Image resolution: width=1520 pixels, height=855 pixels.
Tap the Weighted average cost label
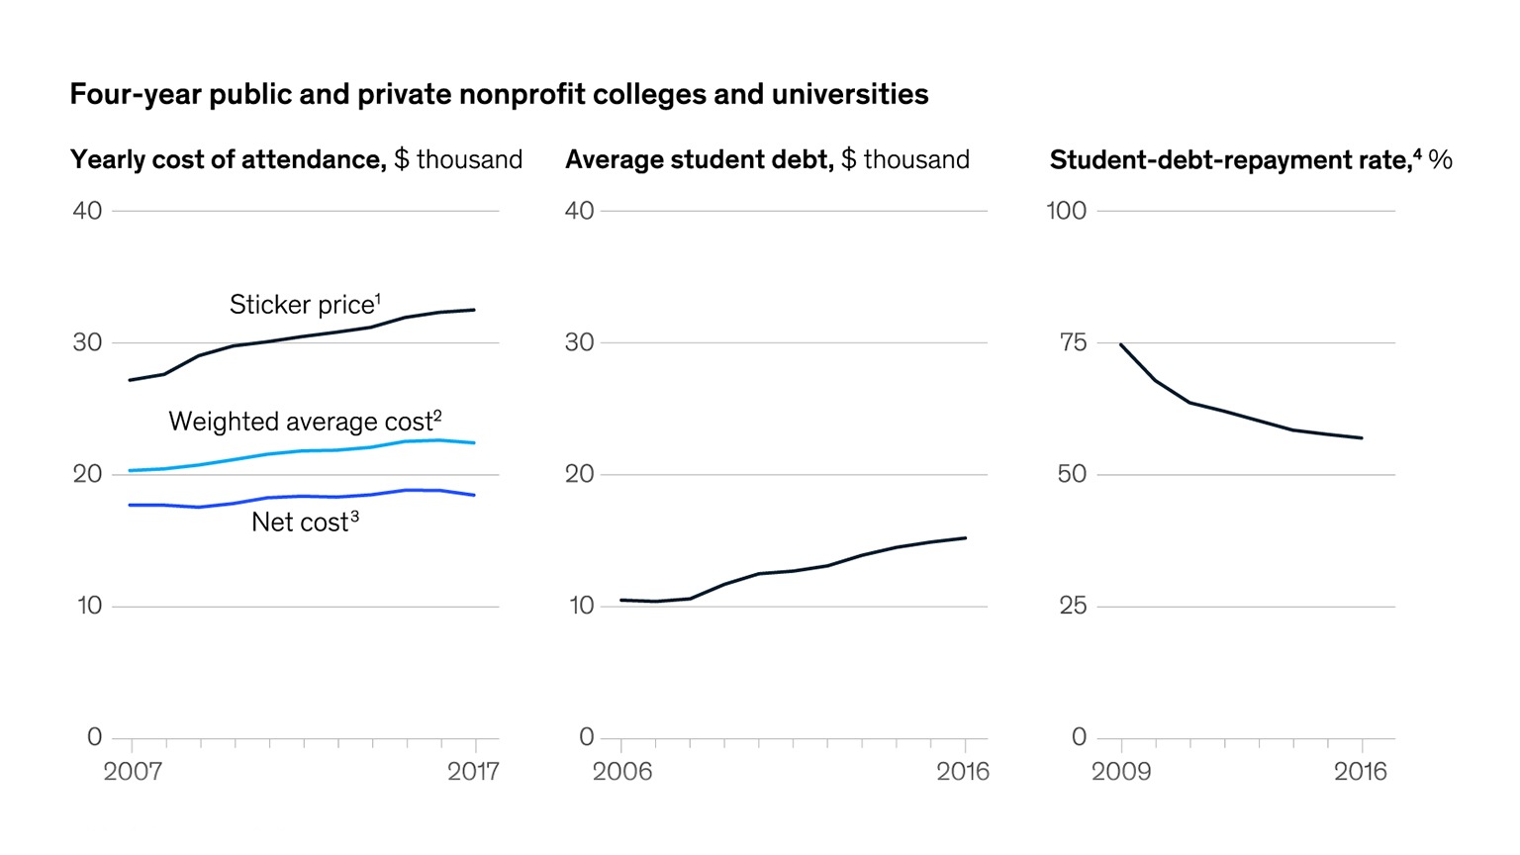coord(305,422)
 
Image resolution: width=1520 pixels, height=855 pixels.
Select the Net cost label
coord(305,522)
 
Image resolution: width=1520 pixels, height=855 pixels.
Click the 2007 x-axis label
coord(133,772)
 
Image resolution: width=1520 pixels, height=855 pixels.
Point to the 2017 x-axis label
coord(473,772)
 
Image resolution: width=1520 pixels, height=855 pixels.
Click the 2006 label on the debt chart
coord(622,772)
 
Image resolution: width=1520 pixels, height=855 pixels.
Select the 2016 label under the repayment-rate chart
coord(1361,772)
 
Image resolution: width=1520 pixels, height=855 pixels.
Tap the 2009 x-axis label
coord(1121,772)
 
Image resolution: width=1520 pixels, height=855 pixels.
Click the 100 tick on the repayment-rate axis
coord(1066,211)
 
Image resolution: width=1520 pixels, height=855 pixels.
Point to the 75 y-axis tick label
coord(1073,342)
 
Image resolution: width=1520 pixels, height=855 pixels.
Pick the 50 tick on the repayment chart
coord(1072,474)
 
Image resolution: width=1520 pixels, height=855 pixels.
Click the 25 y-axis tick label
coord(1073,606)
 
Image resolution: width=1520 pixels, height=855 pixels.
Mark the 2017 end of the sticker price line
coord(474,310)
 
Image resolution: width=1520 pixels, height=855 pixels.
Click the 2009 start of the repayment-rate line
coord(1120,344)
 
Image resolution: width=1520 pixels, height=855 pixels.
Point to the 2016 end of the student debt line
coord(965,538)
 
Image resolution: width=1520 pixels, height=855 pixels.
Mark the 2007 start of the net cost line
coord(131,505)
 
